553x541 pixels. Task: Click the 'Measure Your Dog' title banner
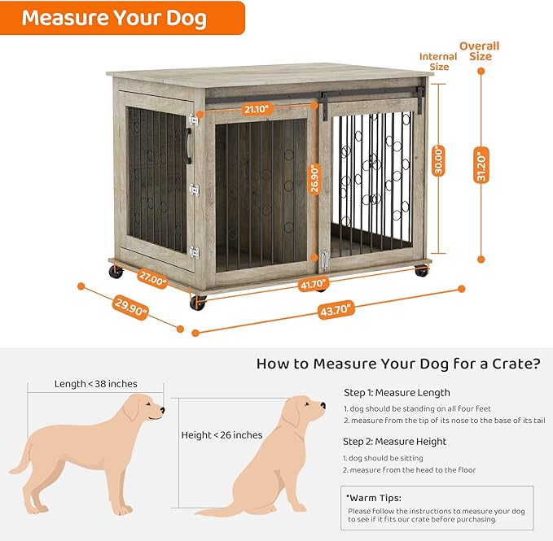pos(114,17)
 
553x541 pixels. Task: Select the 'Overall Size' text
pos(481,51)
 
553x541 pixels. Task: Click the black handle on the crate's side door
pos(189,146)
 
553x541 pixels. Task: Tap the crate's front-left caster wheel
pos(198,303)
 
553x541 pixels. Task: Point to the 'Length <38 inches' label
pos(95,384)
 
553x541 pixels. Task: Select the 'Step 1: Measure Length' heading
pos(397,393)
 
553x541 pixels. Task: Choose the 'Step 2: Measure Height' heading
pos(394,442)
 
